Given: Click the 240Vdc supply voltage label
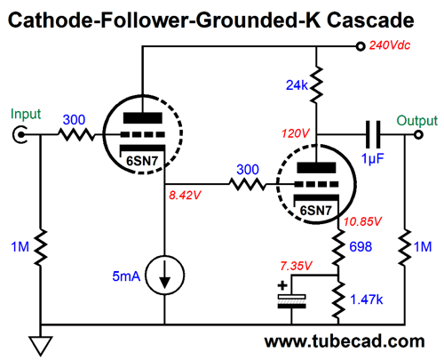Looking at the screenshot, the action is click(390, 45).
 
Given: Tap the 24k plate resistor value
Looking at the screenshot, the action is click(297, 85).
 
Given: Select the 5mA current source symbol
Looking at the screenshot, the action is click(165, 275).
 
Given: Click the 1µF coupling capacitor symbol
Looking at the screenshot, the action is click(373, 134).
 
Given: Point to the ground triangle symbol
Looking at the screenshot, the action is click(41, 345).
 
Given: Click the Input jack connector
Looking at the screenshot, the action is click(20, 135).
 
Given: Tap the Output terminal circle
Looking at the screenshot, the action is click(418, 135).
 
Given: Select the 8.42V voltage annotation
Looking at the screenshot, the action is click(185, 196).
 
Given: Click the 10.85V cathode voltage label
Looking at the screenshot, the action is click(362, 221).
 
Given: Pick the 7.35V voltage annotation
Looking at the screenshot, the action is click(296, 266).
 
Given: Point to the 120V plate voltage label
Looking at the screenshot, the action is click(295, 133).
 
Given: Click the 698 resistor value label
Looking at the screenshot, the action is click(361, 246).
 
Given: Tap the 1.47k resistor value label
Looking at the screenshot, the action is click(366, 300).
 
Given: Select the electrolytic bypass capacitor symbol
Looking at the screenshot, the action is click(291, 301).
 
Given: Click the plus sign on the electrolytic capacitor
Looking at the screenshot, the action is click(282, 286).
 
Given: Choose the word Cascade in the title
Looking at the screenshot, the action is click(369, 20).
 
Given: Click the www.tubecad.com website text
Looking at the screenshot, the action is click(345, 341).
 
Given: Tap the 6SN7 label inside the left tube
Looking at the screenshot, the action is click(142, 161).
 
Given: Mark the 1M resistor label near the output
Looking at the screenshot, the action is click(423, 247).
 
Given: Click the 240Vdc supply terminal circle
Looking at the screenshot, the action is click(361, 46).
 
